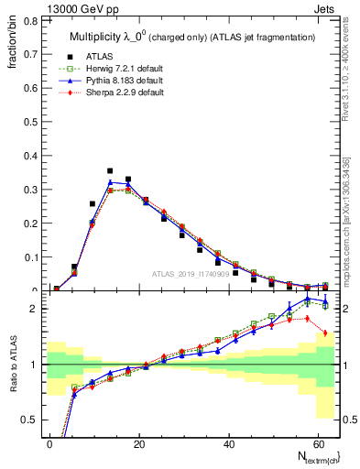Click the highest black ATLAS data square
click(110, 170)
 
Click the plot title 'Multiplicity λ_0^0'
click(109, 37)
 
